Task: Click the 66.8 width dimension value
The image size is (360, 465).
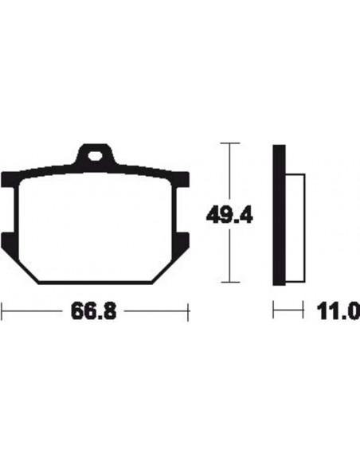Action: pos(93,311)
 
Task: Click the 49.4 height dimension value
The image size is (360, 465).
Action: pos(229,215)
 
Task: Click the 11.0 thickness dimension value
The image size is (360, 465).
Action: pos(338,311)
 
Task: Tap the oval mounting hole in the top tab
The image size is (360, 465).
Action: pos(95,156)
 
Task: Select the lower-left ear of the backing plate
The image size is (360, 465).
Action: pos(9,240)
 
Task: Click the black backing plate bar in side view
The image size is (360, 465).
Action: pos(279,215)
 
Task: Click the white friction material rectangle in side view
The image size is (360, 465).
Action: pos(295,228)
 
